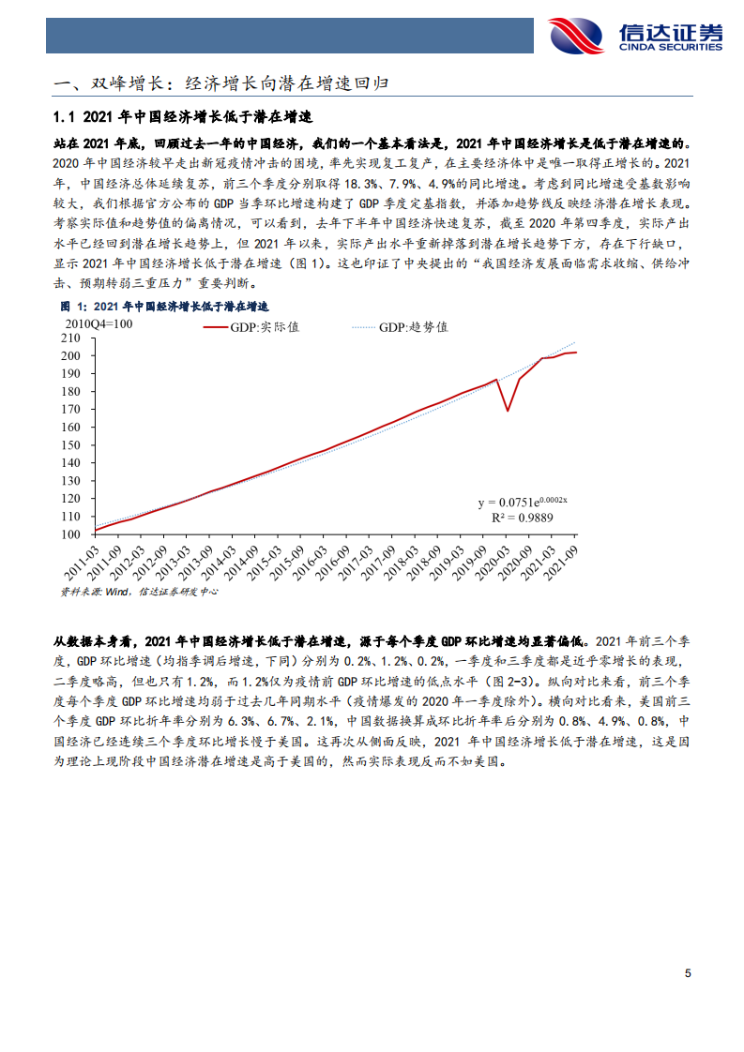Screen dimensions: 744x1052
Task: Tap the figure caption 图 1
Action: (x=164, y=307)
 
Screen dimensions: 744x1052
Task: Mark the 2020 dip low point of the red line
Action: (x=508, y=411)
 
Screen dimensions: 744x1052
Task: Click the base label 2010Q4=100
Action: (x=99, y=323)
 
